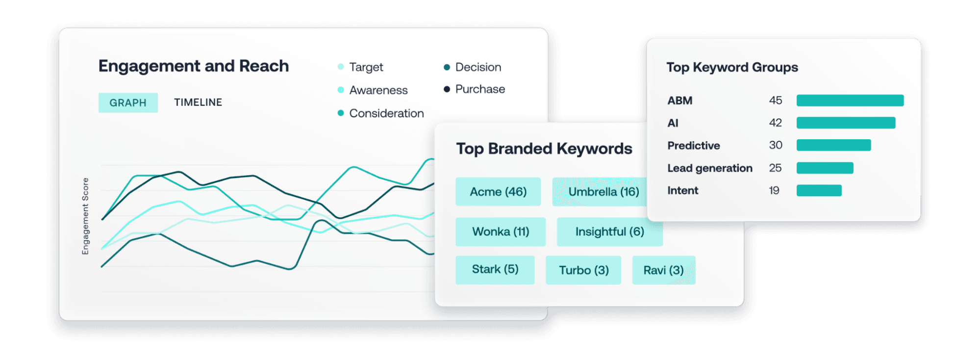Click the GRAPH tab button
coord(128,103)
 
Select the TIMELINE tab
coord(198,103)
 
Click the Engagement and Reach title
coord(194,66)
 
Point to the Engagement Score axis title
coord(85,216)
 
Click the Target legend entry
coord(361,67)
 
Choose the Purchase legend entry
coord(474,89)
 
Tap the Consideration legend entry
coord(381,113)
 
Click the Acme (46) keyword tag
coord(498,192)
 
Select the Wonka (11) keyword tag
coord(501,231)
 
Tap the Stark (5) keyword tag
coord(495,270)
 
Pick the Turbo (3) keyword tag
coord(583,270)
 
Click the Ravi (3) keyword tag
coord(663,270)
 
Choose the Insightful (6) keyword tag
coord(610,231)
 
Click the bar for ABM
coord(850,101)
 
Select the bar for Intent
coord(819,190)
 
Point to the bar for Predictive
coord(834,145)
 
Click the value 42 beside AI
coord(776,123)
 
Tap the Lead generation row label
coord(710,168)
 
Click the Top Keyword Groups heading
coord(732,67)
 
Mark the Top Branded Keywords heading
coord(544,149)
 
